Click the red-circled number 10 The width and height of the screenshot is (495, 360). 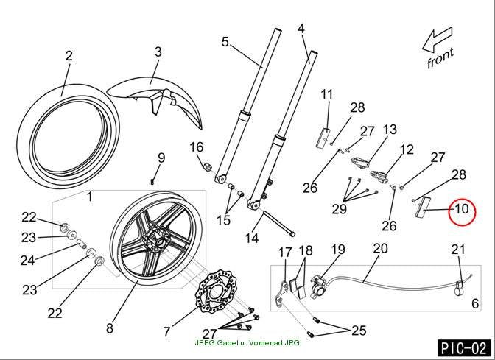(462, 209)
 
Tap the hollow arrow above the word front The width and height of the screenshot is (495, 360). (438, 40)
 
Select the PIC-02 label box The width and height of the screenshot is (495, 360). (464, 348)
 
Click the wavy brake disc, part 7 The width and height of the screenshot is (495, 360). (217, 292)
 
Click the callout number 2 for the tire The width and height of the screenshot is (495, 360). (69, 56)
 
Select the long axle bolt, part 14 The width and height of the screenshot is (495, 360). (278, 223)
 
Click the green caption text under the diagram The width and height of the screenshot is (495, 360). (247, 342)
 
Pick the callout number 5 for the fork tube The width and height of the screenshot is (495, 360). (225, 42)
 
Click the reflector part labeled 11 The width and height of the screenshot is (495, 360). (323, 138)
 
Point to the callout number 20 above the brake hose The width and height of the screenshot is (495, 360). (380, 248)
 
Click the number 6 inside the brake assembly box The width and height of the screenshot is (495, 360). (475, 303)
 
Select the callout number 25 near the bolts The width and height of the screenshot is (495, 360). (359, 331)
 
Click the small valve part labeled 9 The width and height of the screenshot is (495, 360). (152, 182)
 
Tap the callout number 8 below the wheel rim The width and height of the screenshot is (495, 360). (110, 328)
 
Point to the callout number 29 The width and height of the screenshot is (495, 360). (340, 208)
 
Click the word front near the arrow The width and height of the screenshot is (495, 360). (440, 57)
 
